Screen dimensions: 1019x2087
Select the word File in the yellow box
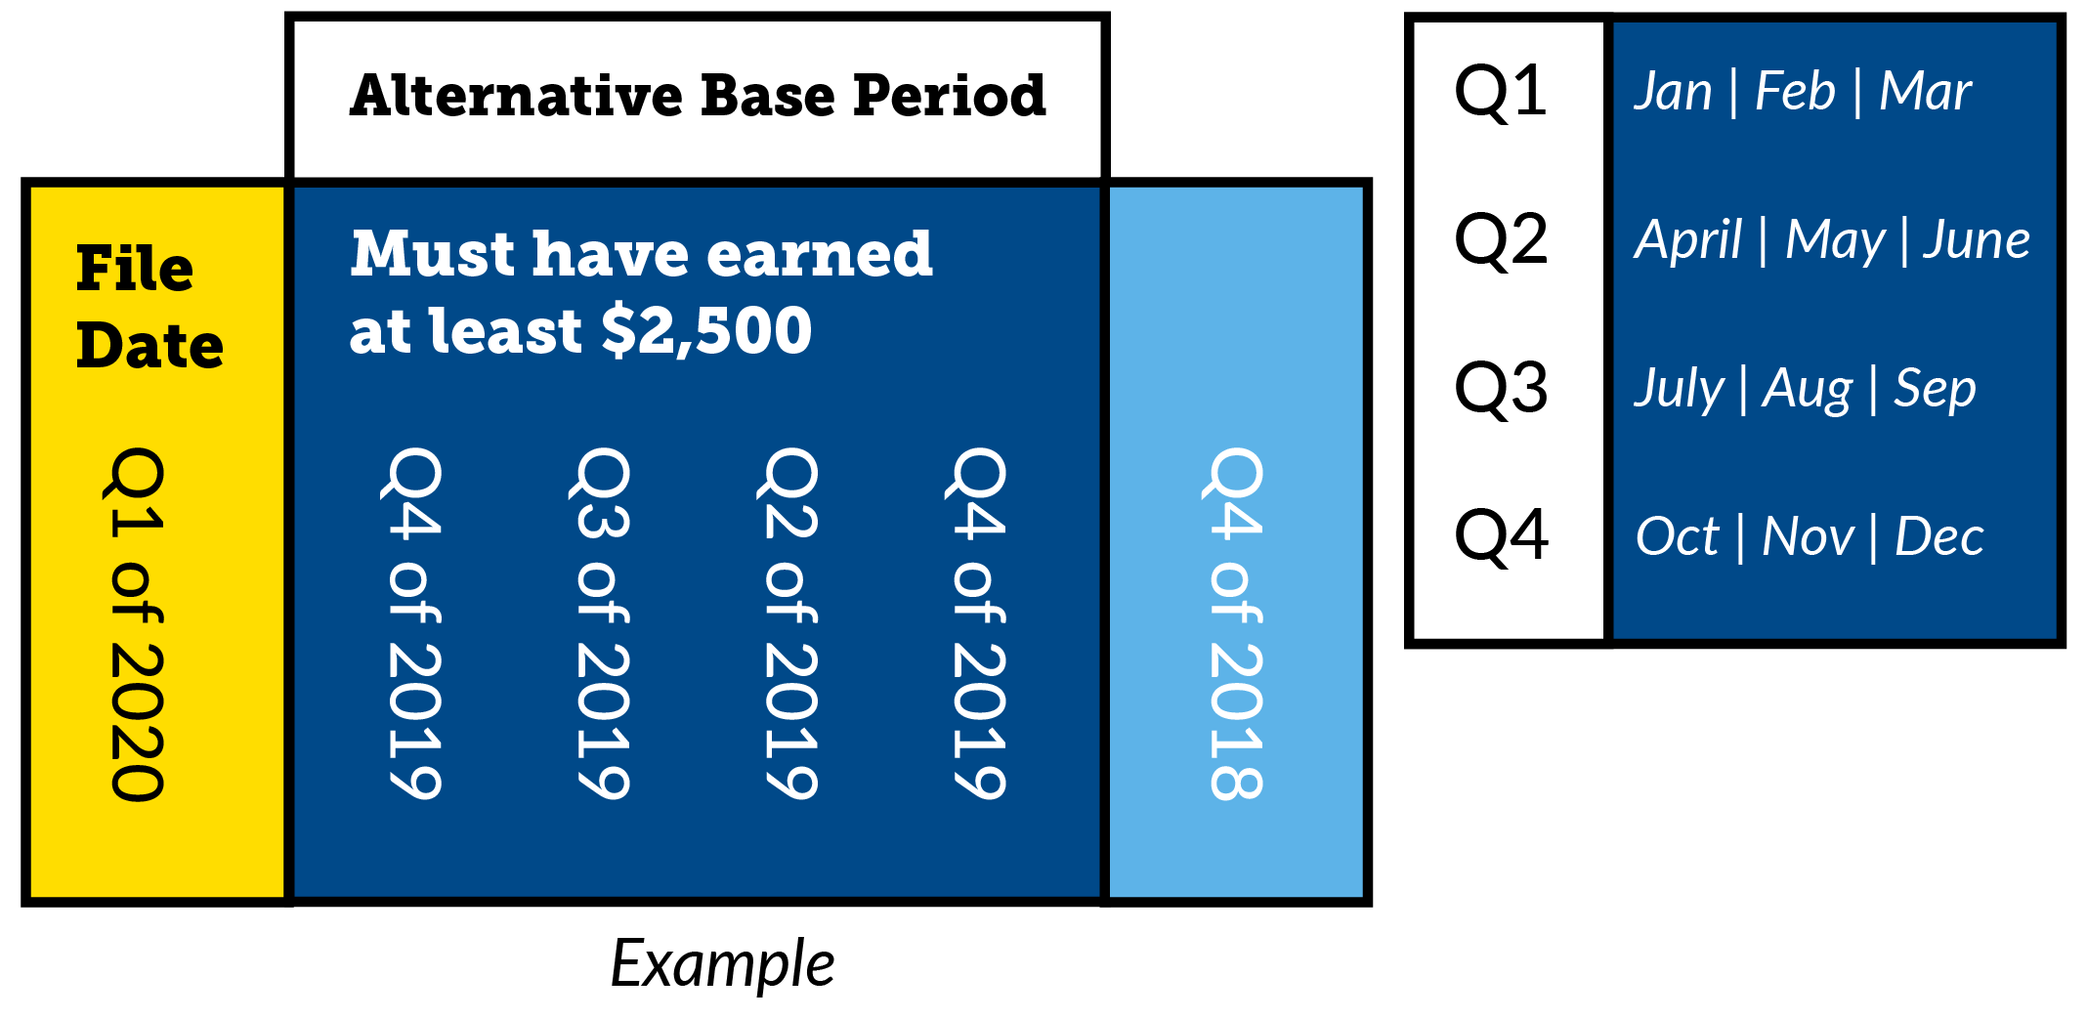135,269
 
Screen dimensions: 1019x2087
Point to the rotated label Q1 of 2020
137,625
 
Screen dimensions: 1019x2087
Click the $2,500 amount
706,330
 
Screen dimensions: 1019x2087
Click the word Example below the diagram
722,964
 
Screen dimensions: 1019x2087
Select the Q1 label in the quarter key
1500,92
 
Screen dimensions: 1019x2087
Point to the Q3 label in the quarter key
1501,389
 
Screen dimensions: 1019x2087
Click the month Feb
1795,92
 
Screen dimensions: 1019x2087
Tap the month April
1688,240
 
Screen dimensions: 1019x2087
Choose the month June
1976,240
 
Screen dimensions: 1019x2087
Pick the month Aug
1807,389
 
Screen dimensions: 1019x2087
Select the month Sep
1935,389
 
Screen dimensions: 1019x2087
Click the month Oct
1677,536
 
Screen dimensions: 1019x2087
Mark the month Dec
1939,536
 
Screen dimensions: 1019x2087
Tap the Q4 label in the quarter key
1501,536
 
